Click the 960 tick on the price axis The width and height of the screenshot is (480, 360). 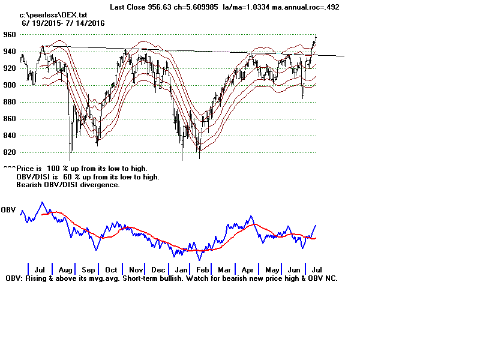[10, 35]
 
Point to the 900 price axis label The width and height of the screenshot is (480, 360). [10, 85]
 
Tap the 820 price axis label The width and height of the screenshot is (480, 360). [10, 152]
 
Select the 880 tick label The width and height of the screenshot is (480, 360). [10, 102]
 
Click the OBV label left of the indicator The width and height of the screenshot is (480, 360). [8, 210]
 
